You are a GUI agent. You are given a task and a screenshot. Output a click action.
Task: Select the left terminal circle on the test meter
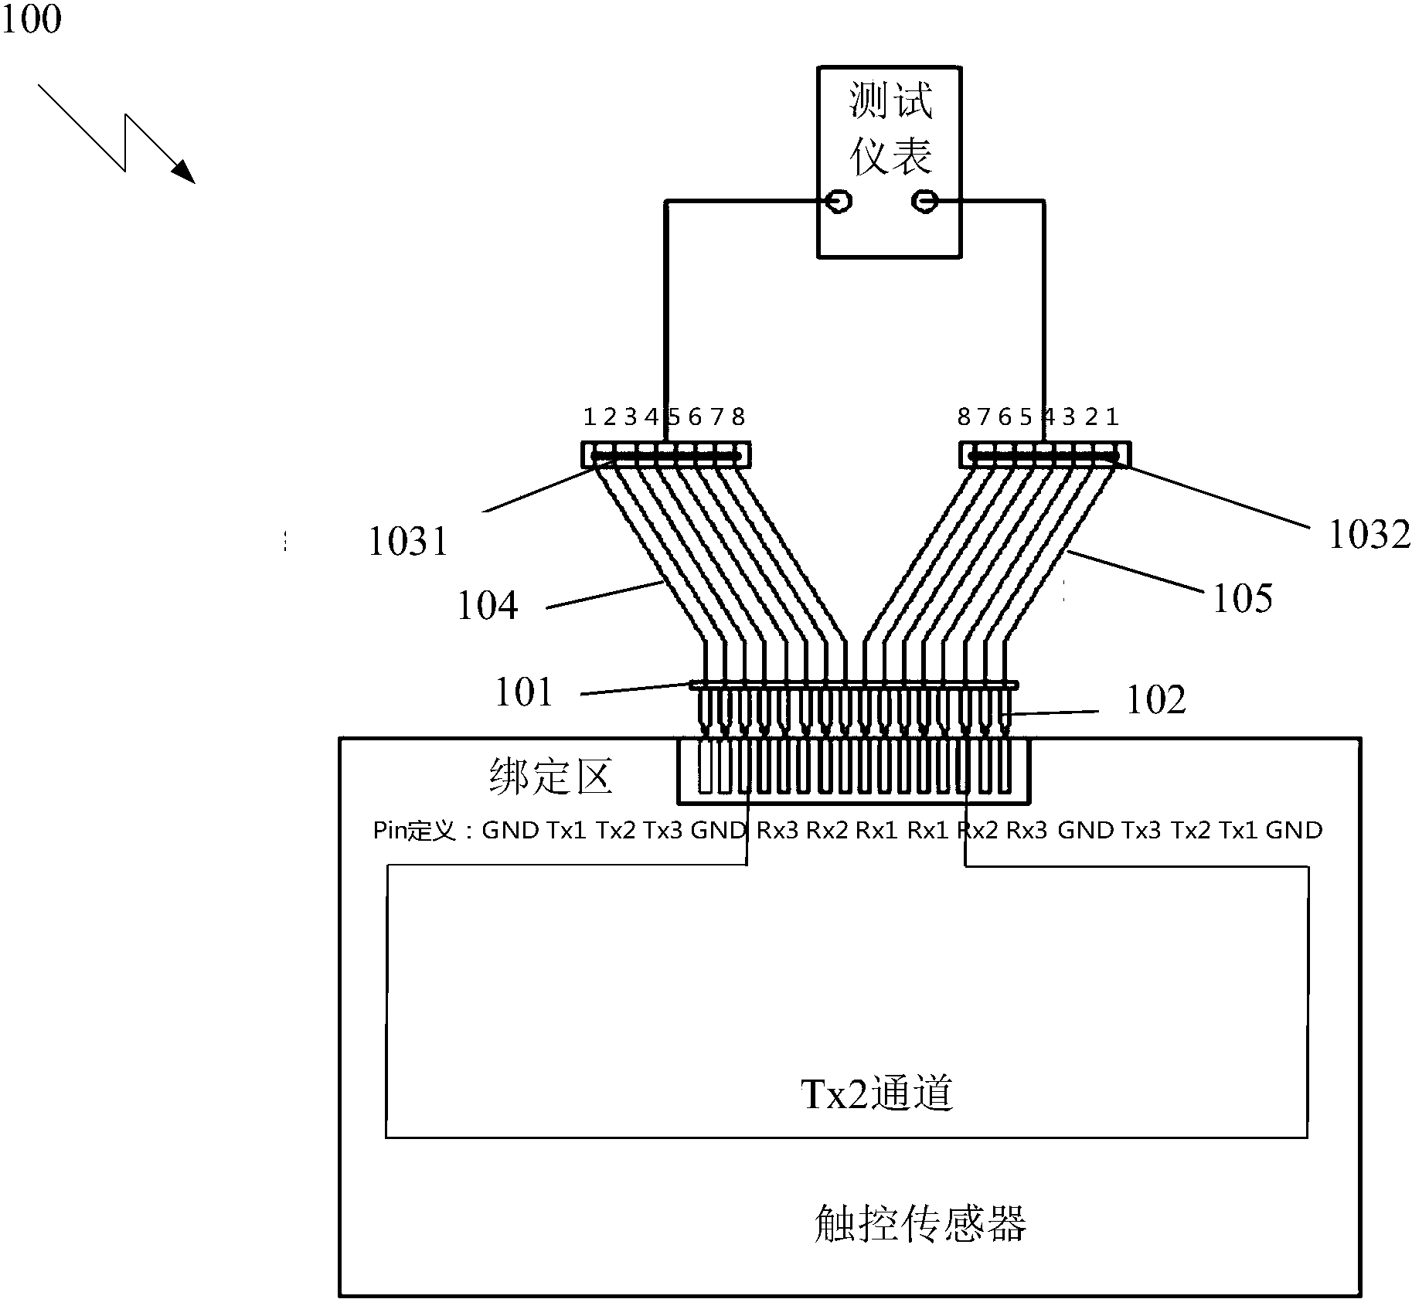point(839,202)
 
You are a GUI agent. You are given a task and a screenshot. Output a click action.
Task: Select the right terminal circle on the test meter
point(924,202)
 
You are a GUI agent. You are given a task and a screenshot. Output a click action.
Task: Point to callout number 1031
point(407,541)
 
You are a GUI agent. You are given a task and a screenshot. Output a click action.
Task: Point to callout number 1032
point(1369,534)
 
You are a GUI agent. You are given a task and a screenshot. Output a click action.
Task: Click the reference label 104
point(487,605)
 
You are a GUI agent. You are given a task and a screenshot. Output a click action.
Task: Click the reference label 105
point(1242,598)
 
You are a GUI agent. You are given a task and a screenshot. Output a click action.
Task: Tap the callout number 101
point(523,692)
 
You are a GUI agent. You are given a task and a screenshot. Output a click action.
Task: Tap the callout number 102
point(1155,700)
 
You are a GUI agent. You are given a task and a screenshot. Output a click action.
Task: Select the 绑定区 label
point(550,777)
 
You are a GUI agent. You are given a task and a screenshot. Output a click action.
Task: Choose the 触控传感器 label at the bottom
point(920,1223)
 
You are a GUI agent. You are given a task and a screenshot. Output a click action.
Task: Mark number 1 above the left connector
point(589,417)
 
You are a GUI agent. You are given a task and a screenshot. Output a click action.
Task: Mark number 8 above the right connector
point(963,417)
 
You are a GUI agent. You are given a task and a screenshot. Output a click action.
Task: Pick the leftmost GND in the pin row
point(510,831)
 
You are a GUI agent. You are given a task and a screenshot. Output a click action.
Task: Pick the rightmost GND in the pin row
point(1294,831)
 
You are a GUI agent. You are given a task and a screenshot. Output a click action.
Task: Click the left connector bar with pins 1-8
point(665,455)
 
